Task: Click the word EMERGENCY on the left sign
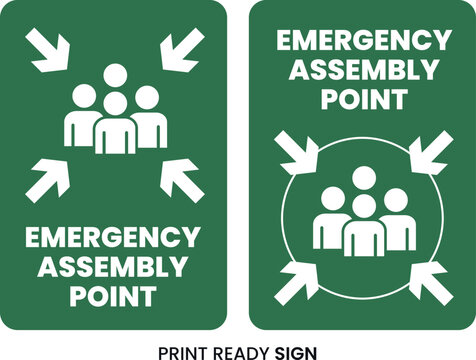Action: click(x=112, y=239)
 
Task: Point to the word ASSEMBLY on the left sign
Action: click(x=112, y=267)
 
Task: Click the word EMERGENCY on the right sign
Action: click(x=364, y=41)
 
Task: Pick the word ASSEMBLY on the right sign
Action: click(x=364, y=70)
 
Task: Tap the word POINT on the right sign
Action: click(x=364, y=99)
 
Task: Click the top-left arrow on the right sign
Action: click(x=296, y=151)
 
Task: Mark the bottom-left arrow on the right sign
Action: click(x=296, y=279)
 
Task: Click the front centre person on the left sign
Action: click(x=116, y=127)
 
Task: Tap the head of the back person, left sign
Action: click(x=116, y=74)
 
